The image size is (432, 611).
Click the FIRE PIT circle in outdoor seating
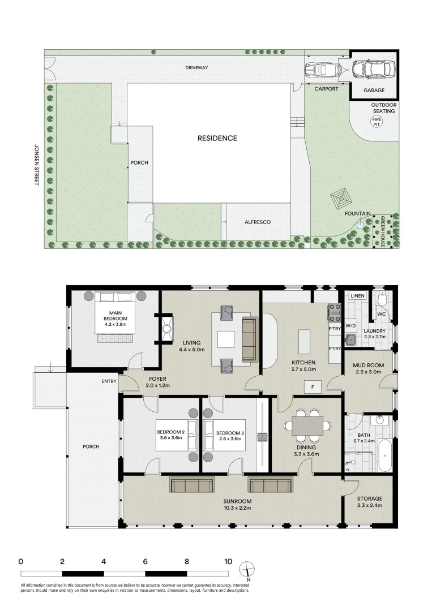coord(376,121)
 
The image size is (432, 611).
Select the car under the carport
coord(320,70)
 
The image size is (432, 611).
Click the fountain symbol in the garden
coord(361,225)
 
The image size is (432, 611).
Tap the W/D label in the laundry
coord(350,326)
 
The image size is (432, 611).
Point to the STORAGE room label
coord(369,498)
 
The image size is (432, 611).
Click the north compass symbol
coord(247,569)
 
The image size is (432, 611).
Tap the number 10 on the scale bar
coord(228,562)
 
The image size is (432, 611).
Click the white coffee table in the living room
coord(226,339)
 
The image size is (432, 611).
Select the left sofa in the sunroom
coord(192,485)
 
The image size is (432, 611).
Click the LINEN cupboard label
coord(357,296)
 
